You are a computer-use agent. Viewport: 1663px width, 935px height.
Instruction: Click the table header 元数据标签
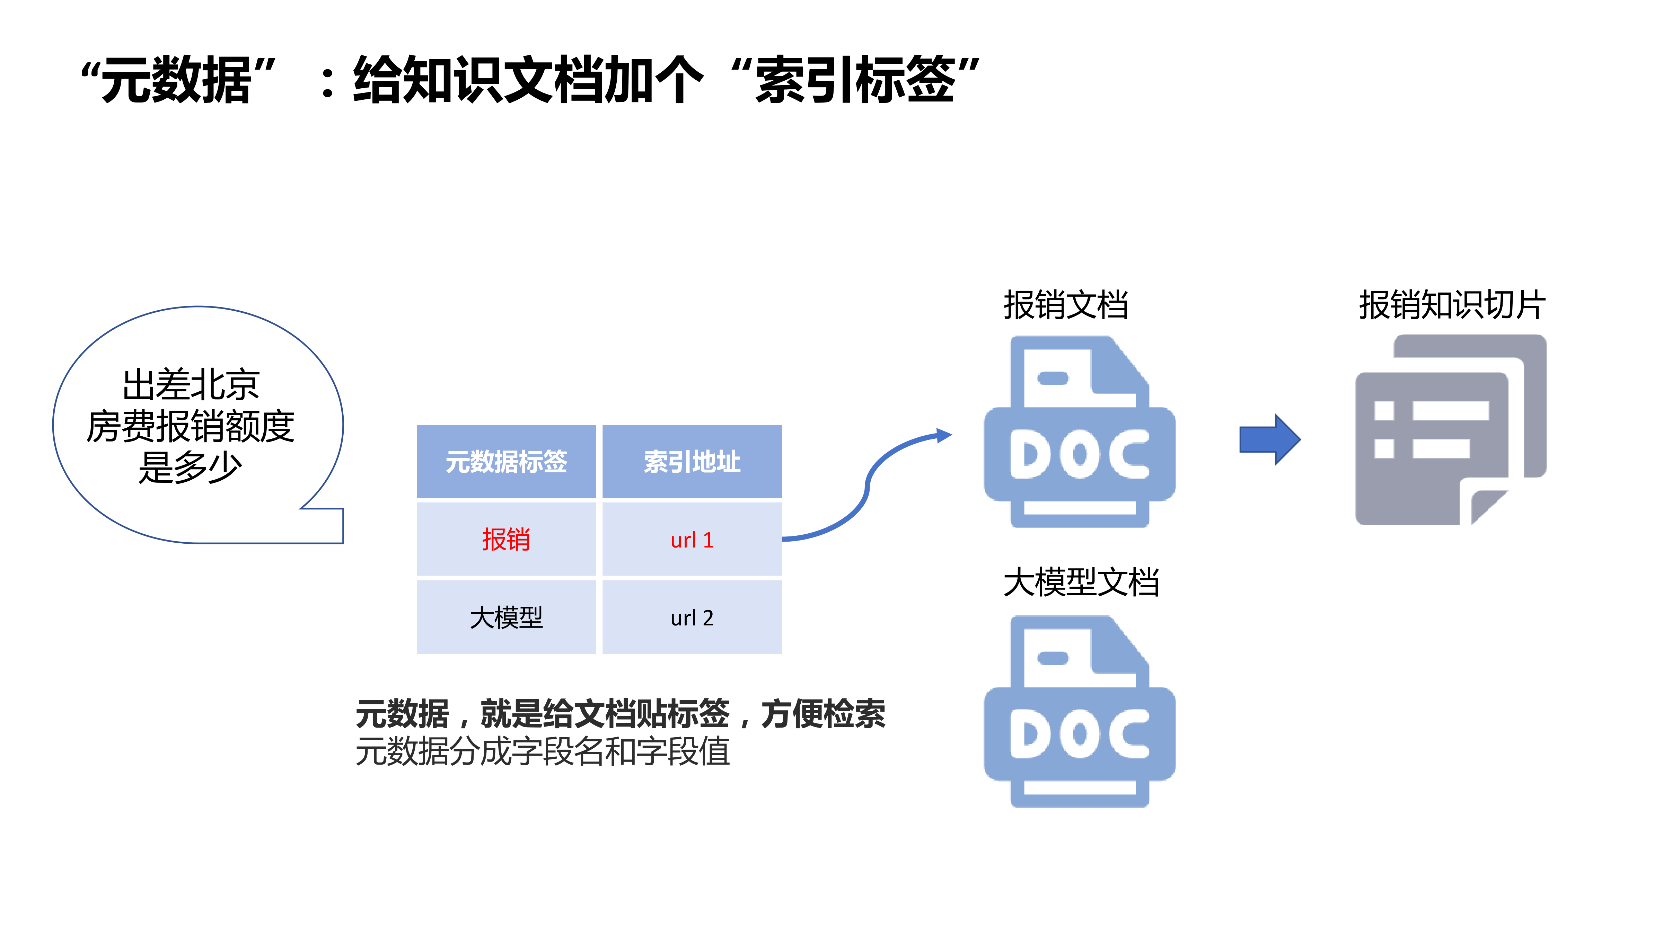point(506,461)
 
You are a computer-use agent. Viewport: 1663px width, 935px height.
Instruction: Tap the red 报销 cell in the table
point(506,540)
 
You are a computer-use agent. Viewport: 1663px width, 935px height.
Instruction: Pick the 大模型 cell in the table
point(506,617)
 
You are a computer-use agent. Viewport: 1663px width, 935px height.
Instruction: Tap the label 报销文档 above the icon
point(1066,305)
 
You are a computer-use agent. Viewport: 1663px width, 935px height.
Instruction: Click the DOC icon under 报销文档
point(1080,432)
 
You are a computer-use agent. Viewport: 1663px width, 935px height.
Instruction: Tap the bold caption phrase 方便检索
point(823,714)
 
